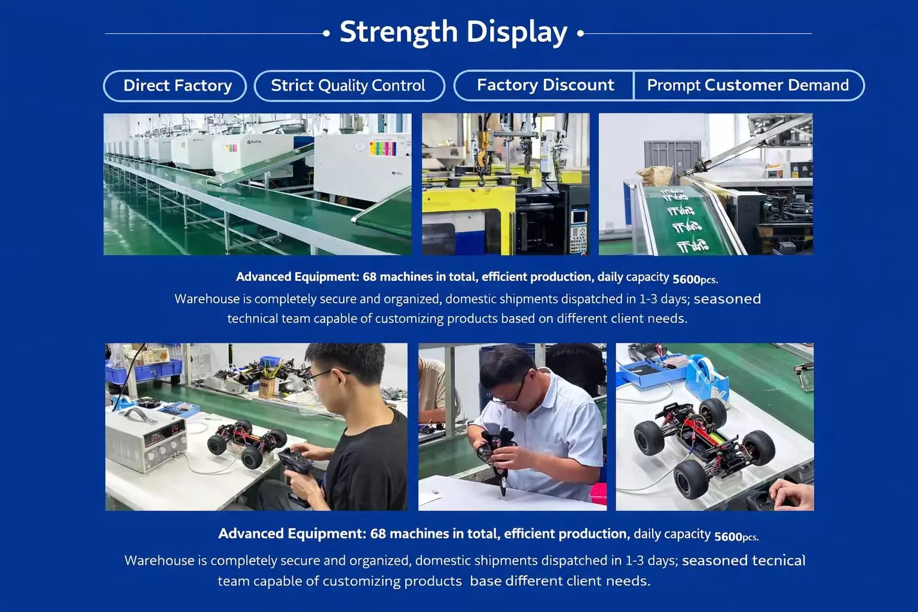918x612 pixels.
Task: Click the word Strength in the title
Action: pyautogui.click(x=399, y=33)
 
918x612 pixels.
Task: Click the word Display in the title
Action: pyautogui.click(x=517, y=33)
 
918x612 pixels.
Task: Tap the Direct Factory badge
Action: pyautogui.click(x=175, y=85)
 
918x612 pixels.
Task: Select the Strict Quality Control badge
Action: pyautogui.click(x=349, y=85)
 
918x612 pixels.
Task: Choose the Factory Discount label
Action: pyautogui.click(x=545, y=85)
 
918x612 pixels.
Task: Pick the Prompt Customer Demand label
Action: pyautogui.click(x=748, y=85)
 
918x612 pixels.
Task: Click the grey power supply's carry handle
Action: pyautogui.click(x=139, y=414)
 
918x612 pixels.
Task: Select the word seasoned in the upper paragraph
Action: pyautogui.click(x=727, y=299)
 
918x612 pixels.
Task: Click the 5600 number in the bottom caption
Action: pyautogui.click(x=728, y=537)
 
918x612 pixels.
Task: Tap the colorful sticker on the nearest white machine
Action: pyautogui.click(x=382, y=148)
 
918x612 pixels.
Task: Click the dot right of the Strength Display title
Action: pyautogui.click(x=580, y=33)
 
